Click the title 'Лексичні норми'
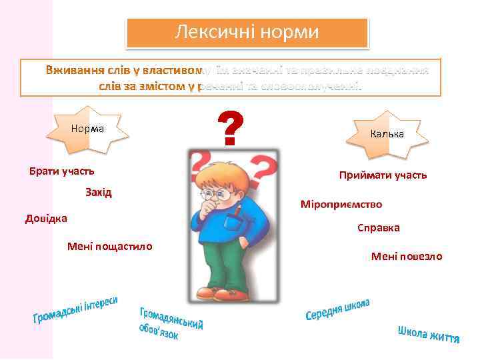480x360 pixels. (x=247, y=32)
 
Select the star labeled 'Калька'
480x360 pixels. (x=387, y=134)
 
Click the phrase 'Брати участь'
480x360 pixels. (x=61, y=171)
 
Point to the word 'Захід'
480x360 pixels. (x=99, y=192)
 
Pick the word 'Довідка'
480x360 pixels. (x=46, y=217)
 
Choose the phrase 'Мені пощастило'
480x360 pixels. (x=109, y=247)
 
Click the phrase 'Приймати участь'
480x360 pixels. (x=383, y=175)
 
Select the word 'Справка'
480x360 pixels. (x=378, y=228)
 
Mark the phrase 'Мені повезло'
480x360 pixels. (x=407, y=257)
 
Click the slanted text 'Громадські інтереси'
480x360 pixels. (x=76, y=311)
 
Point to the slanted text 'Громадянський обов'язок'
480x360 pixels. (x=169, y=322)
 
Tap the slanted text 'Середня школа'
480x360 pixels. (x=338, y=309)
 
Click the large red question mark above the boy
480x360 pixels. (x=230, y=130)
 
